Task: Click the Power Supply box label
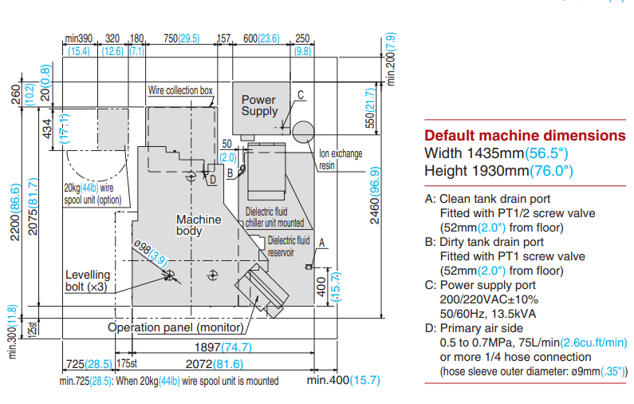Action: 259,105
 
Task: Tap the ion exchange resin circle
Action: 303,131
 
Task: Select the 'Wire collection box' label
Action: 180,91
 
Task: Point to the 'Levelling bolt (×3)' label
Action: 88,280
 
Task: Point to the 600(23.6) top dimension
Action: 261,38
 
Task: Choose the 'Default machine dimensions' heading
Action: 525,135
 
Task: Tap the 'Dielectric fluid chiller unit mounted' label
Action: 274,218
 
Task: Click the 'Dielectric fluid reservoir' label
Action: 288,245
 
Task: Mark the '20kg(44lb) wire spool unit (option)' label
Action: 93,194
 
